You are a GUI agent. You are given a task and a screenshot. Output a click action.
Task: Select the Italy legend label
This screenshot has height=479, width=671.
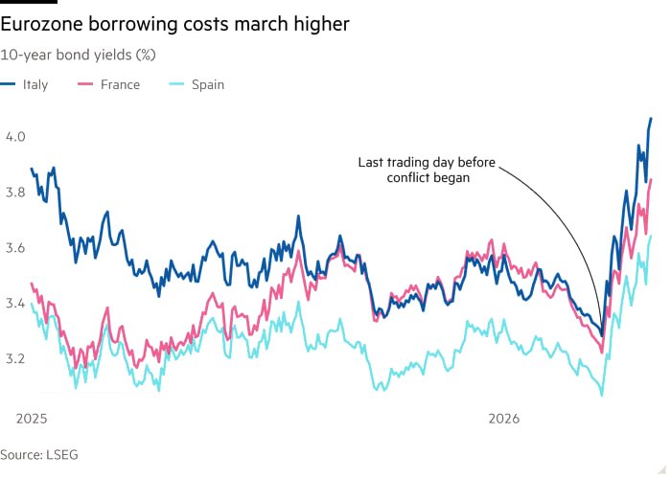click(x=35, y=84)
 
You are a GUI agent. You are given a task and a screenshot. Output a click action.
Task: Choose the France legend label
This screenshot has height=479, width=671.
click(x=119, y=84)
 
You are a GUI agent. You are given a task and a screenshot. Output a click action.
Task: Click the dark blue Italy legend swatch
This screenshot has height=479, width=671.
click(x=9, y=84)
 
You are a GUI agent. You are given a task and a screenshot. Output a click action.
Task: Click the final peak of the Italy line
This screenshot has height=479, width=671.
click(x=651, y=119)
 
